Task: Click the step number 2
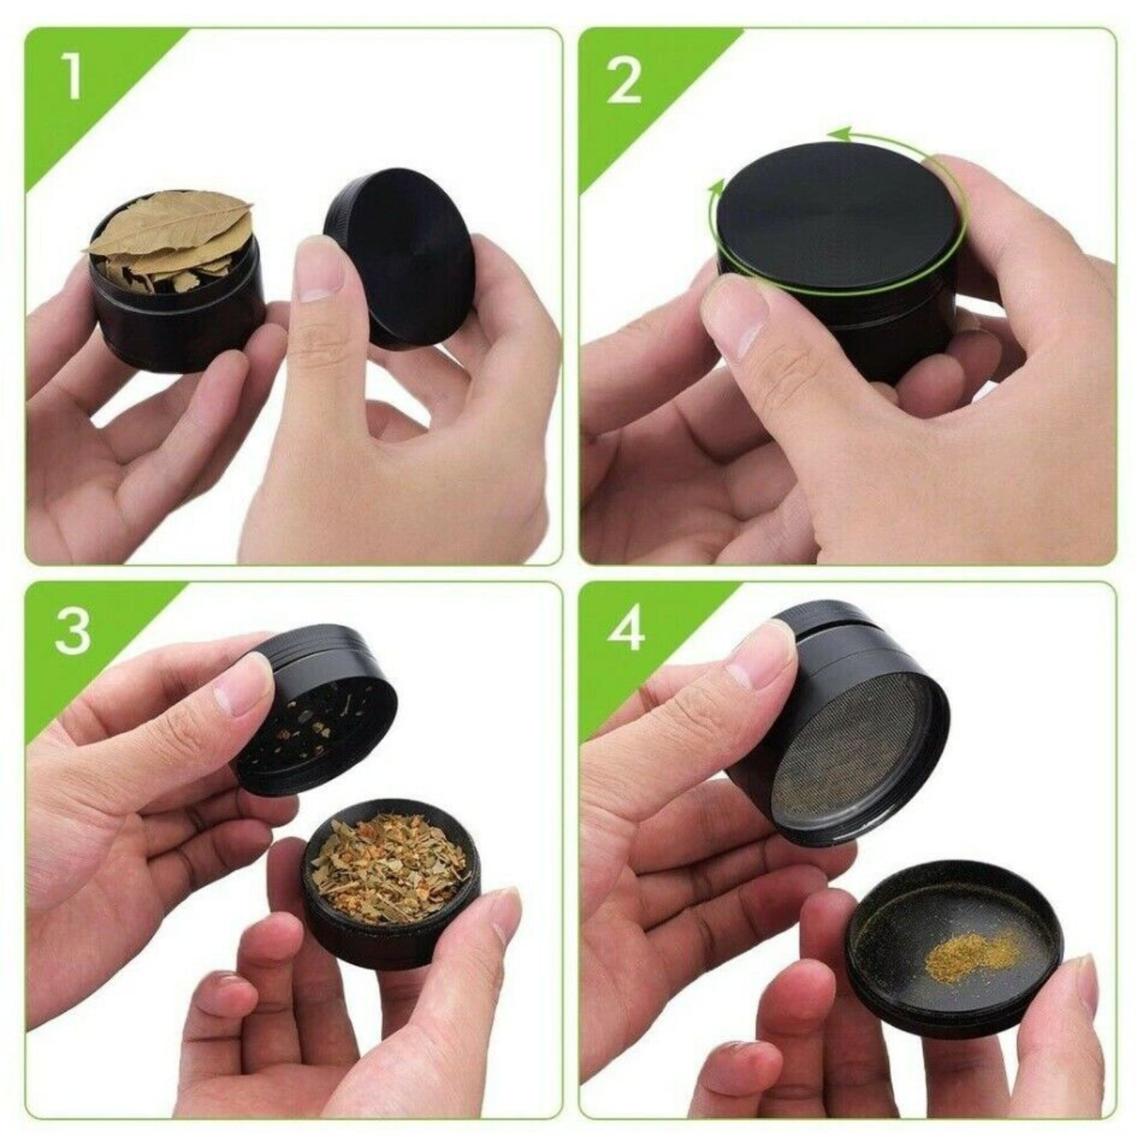pos(625,80)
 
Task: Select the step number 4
pos(625,629)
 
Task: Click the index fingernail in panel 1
pos(319,269)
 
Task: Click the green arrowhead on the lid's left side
pos(717,189)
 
